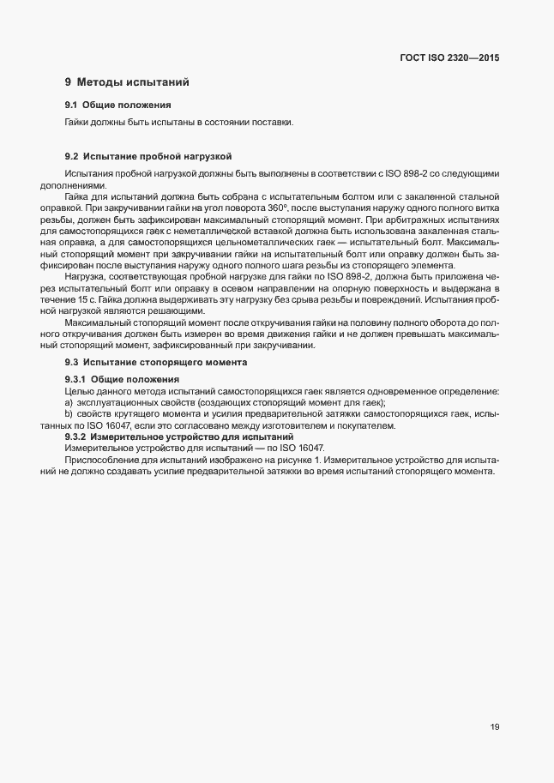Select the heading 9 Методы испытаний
[126, 82]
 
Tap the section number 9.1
[72, 105]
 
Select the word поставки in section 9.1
[274, 122]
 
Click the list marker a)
[69, 403]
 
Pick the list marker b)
[69, 414]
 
